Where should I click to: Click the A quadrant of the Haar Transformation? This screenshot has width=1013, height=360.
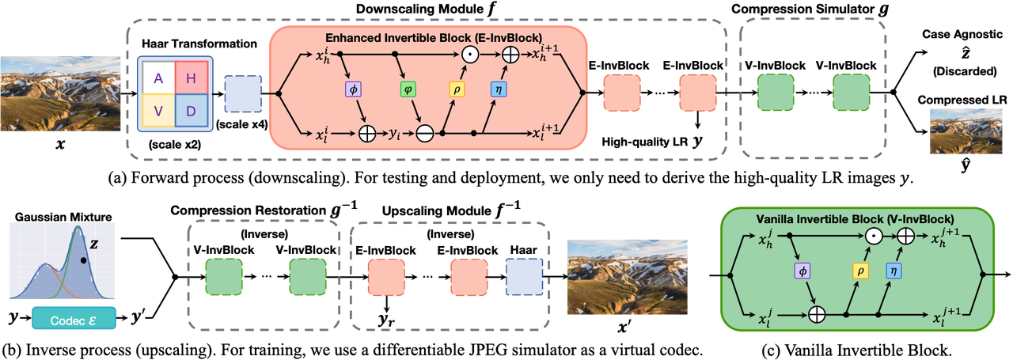pos(158,78)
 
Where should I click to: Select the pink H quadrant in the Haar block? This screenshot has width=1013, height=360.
pos(192,78)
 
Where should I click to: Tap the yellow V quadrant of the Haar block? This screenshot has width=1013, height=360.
pos(158,110)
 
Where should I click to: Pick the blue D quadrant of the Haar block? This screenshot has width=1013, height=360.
pos(192,110)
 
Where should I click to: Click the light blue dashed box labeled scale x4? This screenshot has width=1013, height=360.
pos(243,93)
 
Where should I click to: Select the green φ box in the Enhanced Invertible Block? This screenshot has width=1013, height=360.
pos(408,89)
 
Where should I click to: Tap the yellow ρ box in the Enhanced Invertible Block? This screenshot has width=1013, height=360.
pos(457,89)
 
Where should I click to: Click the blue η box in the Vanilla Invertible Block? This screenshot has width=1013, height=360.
pos(893,271)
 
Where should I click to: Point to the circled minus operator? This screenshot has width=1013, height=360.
pos(425,134)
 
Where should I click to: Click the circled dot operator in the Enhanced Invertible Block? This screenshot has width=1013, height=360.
pos(470,55)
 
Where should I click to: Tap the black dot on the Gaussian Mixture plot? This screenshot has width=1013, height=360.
pos(84,260)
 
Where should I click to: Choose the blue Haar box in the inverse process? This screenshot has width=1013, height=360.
pos(524,277)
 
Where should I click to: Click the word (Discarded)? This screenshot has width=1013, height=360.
pos(965,71)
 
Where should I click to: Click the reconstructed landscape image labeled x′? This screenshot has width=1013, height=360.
pos(628,277)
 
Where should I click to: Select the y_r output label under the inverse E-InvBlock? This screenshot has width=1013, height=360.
pos(388,320)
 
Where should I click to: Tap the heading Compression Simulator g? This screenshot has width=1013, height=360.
pos(810,9)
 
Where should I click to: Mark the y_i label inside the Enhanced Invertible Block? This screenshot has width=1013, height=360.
pos(394,135)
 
